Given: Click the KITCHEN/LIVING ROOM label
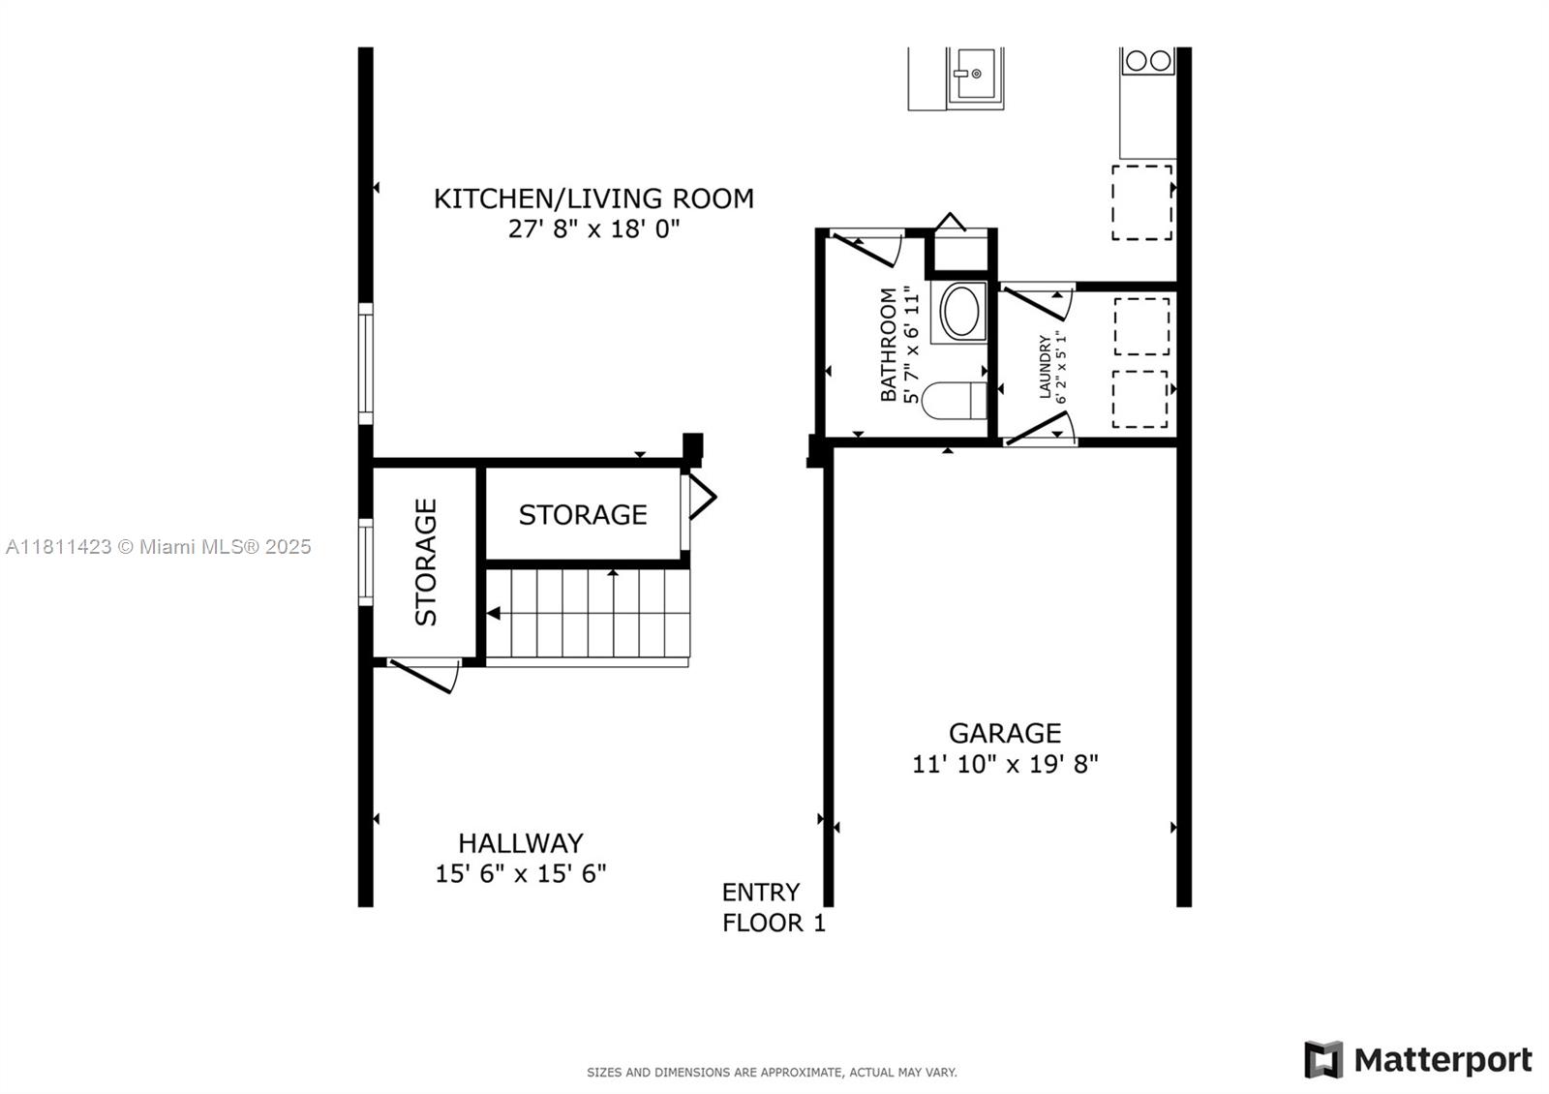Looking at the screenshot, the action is pyautogui.click(x=593, y=198).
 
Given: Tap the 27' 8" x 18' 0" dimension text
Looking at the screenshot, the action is pyautogui.click(x=594, y=228).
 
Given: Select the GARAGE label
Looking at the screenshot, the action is pyautogui.click(x=1005, y=733).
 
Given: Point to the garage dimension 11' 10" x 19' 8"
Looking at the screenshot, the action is pyautogui.click(x=1005, y=764).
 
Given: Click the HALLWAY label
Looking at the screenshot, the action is pyautogui.click(x=521, y=843).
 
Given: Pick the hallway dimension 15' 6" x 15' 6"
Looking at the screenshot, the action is pyautogui.click(x=521, y=873).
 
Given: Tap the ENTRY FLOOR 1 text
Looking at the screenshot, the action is pyautogui.click(x=774, y=907).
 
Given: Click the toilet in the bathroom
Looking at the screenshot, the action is pyautogui.click(x=955, y=401).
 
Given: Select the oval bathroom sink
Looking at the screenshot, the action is pyautogui.click(x=960, y=312).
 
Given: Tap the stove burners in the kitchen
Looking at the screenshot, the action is pyautogui.click(x=1148, y=61).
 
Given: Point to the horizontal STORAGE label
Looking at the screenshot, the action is pyautogui.click(x=583, y=514).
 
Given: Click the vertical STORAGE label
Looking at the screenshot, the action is pyautogui.click(x=426, y=562).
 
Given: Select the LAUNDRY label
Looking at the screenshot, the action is pyautogui.click(x=1045, y=367).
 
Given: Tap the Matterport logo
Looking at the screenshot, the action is pyautogui.click(x=1418, y=1059).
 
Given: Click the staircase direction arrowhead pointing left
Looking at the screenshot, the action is pyautogui.click(x=494, y=613).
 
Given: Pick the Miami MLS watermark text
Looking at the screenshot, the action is pyautogui.click(x=159, y=547).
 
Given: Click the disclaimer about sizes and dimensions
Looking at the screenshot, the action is pyautogui.click(x=772, y=1073).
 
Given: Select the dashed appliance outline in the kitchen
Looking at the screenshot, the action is pyautogui.click(x=1141, y=202).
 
